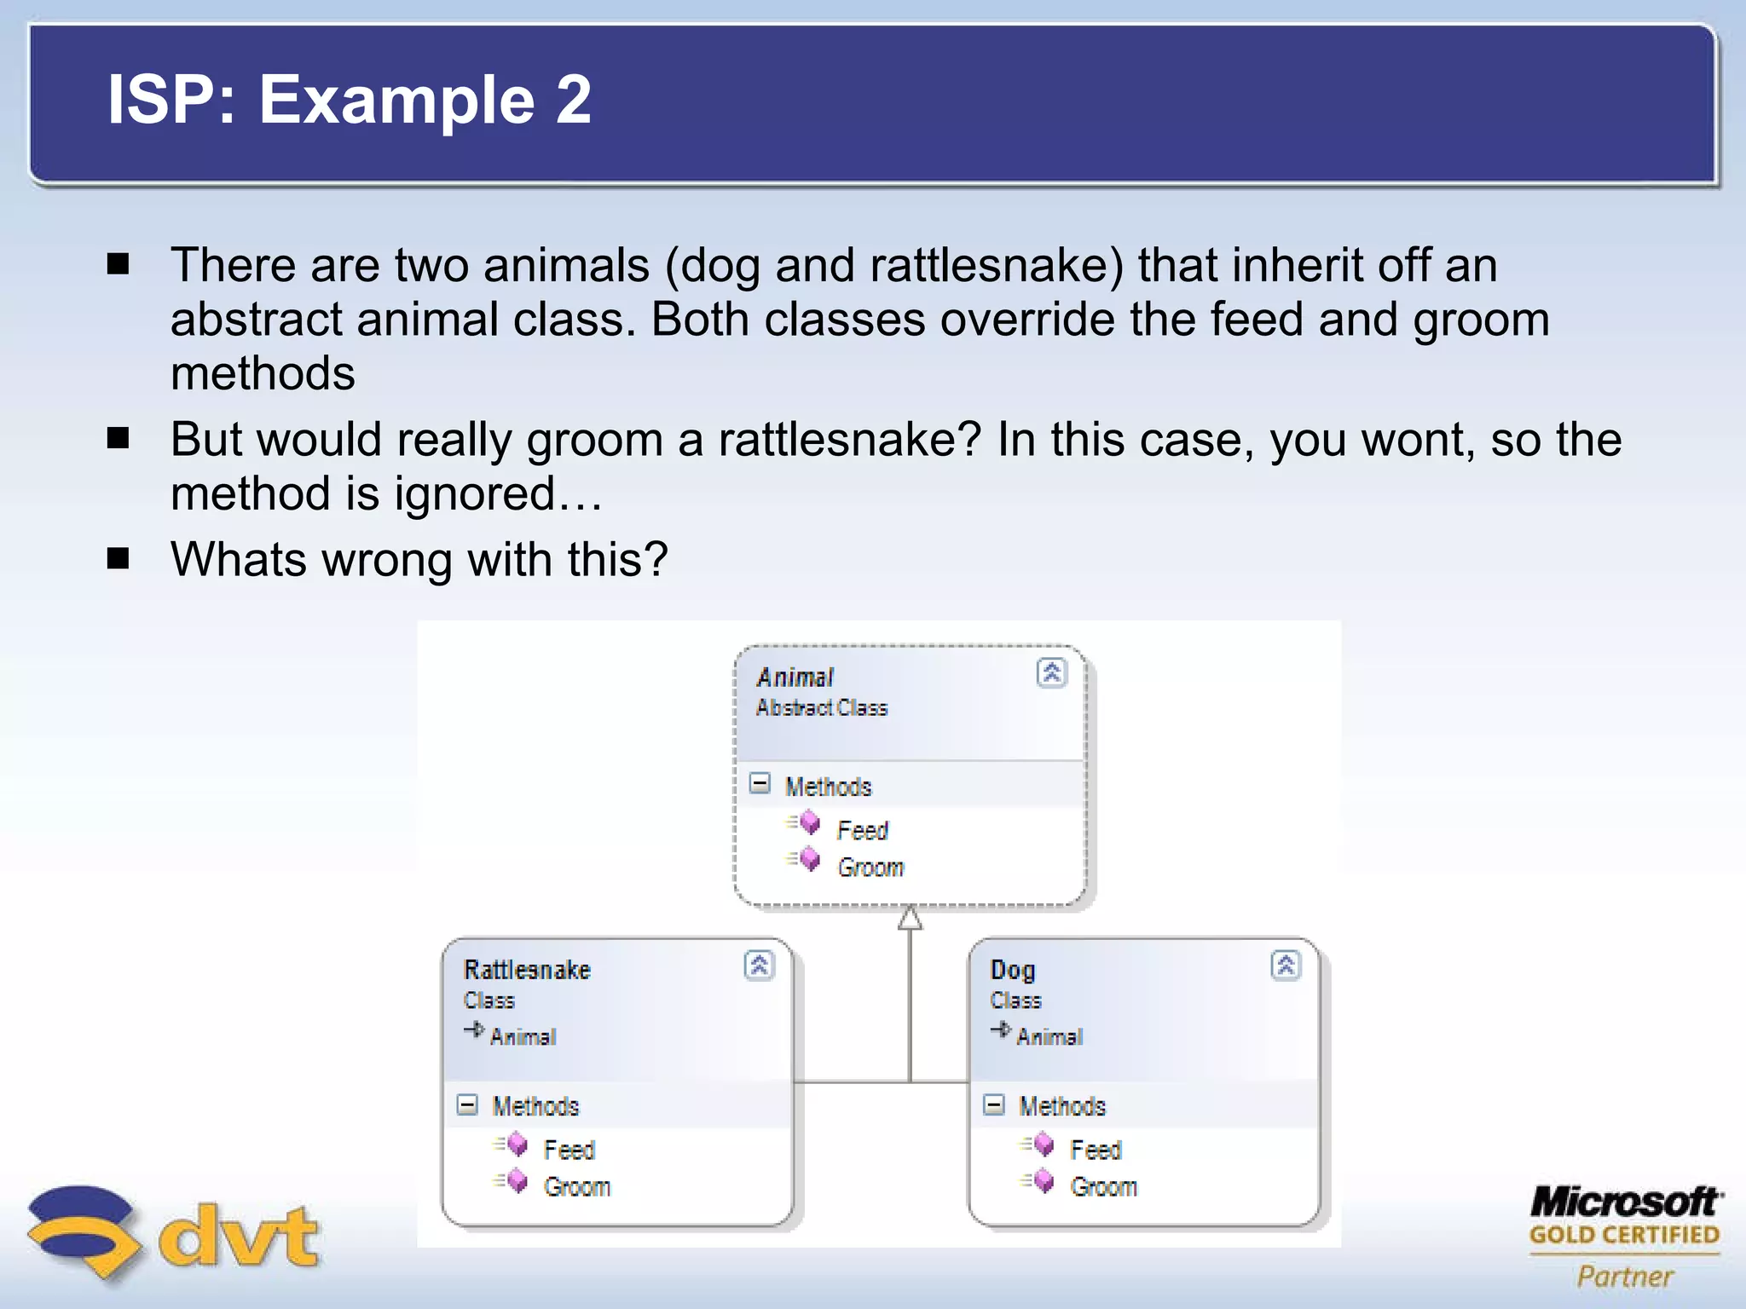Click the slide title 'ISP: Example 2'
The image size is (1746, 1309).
pos(349,100)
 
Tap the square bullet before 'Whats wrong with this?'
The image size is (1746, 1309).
pos(119,559)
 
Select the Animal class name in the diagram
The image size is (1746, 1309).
pos(794,678)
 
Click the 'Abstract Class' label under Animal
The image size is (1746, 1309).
pos(821,708)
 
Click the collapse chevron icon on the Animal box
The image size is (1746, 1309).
pos(1051,673)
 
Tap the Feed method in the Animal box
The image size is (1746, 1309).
pos(862,830)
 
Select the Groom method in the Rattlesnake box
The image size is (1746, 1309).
pos(576,1187)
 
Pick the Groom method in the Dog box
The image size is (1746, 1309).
pos(1103,1187)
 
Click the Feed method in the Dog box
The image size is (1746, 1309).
pos(1096,1150)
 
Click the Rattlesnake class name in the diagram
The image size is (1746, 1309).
pos(527,970)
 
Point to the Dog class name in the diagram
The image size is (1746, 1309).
pos(1013,970)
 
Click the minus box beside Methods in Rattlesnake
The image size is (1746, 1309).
pos(467,1105)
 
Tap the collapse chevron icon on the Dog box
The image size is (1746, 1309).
pos(1286,966)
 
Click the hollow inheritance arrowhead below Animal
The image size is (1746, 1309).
pos(910,919)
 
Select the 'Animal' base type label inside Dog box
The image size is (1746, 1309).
pos(1049,1037)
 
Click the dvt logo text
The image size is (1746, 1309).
pos(239,1236)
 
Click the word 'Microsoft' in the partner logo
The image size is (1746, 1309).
pos(1625,1202)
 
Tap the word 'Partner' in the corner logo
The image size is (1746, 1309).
pos(1625,1276)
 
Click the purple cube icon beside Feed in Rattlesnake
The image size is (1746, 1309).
pos(517,1145)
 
